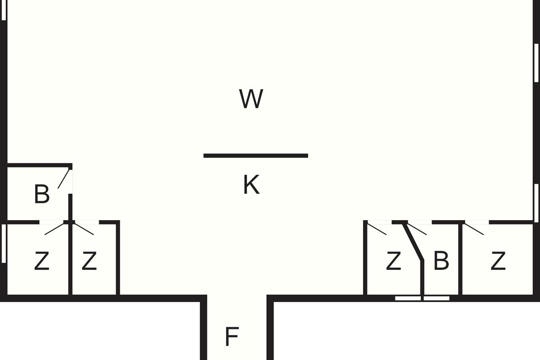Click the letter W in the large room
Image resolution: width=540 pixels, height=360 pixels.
251,99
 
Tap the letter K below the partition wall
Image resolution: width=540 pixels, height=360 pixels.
251,185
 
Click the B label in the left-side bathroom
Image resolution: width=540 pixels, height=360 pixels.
41,194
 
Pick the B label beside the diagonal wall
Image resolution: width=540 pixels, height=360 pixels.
441,261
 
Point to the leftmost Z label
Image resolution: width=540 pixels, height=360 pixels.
41,261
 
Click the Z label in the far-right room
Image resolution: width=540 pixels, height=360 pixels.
498,261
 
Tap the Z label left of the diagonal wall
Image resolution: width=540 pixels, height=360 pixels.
393,261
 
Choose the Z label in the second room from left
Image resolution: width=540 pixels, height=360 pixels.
89,261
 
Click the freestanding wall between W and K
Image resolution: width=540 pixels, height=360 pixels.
256,156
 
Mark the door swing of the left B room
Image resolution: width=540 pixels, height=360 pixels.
64,179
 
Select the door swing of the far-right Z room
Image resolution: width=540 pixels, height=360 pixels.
474,229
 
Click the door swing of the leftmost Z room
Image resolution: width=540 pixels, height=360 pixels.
55,229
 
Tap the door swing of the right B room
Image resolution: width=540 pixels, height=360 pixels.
417,229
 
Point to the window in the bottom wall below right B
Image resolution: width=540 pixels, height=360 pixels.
422,298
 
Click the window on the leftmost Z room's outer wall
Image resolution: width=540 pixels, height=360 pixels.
4,243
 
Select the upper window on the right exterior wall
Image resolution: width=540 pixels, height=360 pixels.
536,63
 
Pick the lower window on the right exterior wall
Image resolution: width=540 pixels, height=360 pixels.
536,202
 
